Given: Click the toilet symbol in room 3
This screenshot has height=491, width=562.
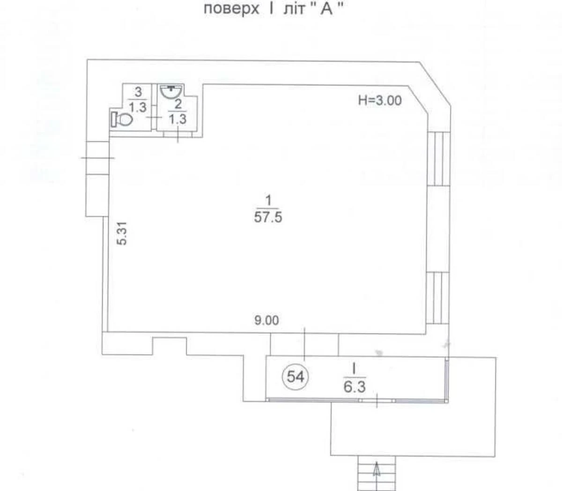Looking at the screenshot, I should [122, 119].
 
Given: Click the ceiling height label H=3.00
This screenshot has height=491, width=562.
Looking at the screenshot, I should [380, 100].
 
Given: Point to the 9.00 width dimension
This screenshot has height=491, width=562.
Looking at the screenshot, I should [266, 321].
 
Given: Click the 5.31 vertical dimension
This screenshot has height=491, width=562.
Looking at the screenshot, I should [122, 233].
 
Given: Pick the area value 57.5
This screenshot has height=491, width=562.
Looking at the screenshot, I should [268, 217].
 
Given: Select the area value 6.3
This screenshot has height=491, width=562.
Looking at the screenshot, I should [355, 387].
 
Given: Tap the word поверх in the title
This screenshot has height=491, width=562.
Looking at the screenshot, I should [231, 9].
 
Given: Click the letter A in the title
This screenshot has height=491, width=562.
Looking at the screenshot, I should [326, 9].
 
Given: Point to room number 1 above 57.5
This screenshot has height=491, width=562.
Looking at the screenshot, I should [268, 201].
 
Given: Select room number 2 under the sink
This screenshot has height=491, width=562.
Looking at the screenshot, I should [178, 104].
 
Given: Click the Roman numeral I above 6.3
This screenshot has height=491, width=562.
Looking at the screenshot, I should [355, 369].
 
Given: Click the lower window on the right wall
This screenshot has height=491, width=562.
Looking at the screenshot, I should [438, 298].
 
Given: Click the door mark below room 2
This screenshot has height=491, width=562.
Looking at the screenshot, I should [178, 135].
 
